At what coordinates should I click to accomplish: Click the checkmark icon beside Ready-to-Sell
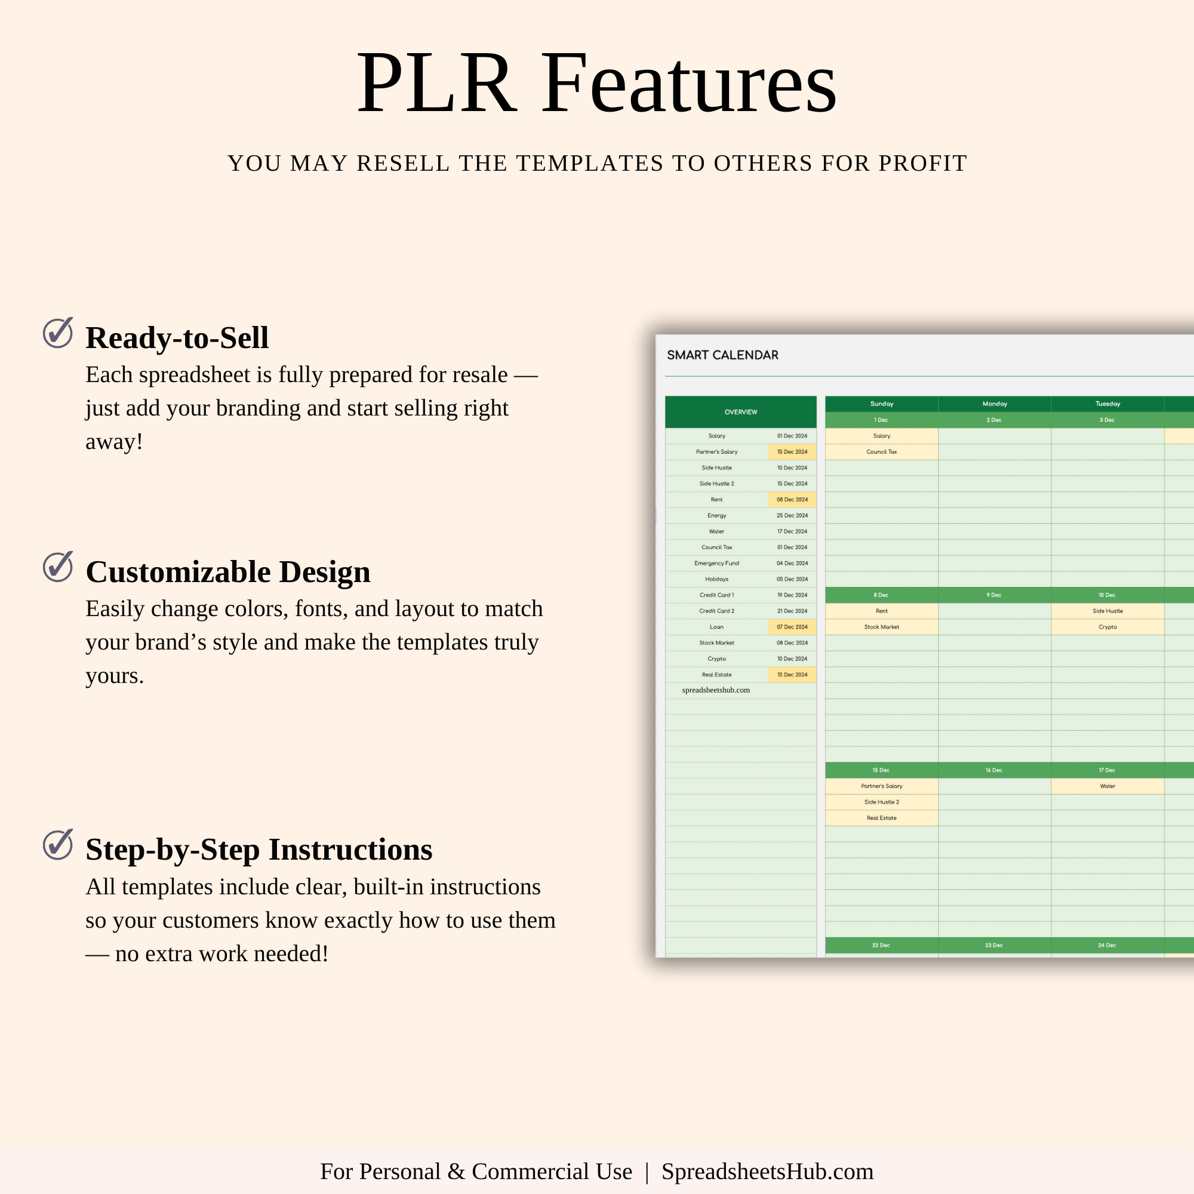(x=57, y=333)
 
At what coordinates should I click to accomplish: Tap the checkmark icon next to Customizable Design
(x=57, y=566)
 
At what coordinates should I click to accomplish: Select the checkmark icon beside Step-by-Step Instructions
(x=57, y=844)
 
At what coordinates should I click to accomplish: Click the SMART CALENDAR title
(x=722, y=355)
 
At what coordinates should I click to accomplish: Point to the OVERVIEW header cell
(x=740, y=411)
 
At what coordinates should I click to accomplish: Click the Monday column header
(x=995, y=404)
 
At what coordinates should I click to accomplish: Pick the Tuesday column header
(x=1107, y=404)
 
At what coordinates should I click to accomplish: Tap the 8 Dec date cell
(x=881, y=595)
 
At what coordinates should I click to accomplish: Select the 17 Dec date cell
(x=1107, y=770)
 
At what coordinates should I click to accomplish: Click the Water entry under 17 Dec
(x=1107, y=786)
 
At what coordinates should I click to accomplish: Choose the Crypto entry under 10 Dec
(x=1107, y=627)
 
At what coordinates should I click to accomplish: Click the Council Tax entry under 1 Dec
(x=881, y=452)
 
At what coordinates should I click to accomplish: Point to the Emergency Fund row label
(x=716, y=564)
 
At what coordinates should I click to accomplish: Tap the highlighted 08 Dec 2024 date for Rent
(x=792, y=499)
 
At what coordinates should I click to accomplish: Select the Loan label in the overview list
(x=716, y=627)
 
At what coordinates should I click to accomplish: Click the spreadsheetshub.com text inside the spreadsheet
(x=716, y=690)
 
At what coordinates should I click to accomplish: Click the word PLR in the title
(x=436, y=83)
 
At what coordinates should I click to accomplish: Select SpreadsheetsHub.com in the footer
(x=768, y=1172)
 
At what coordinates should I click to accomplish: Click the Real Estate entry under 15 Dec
(x=881, y=818)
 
